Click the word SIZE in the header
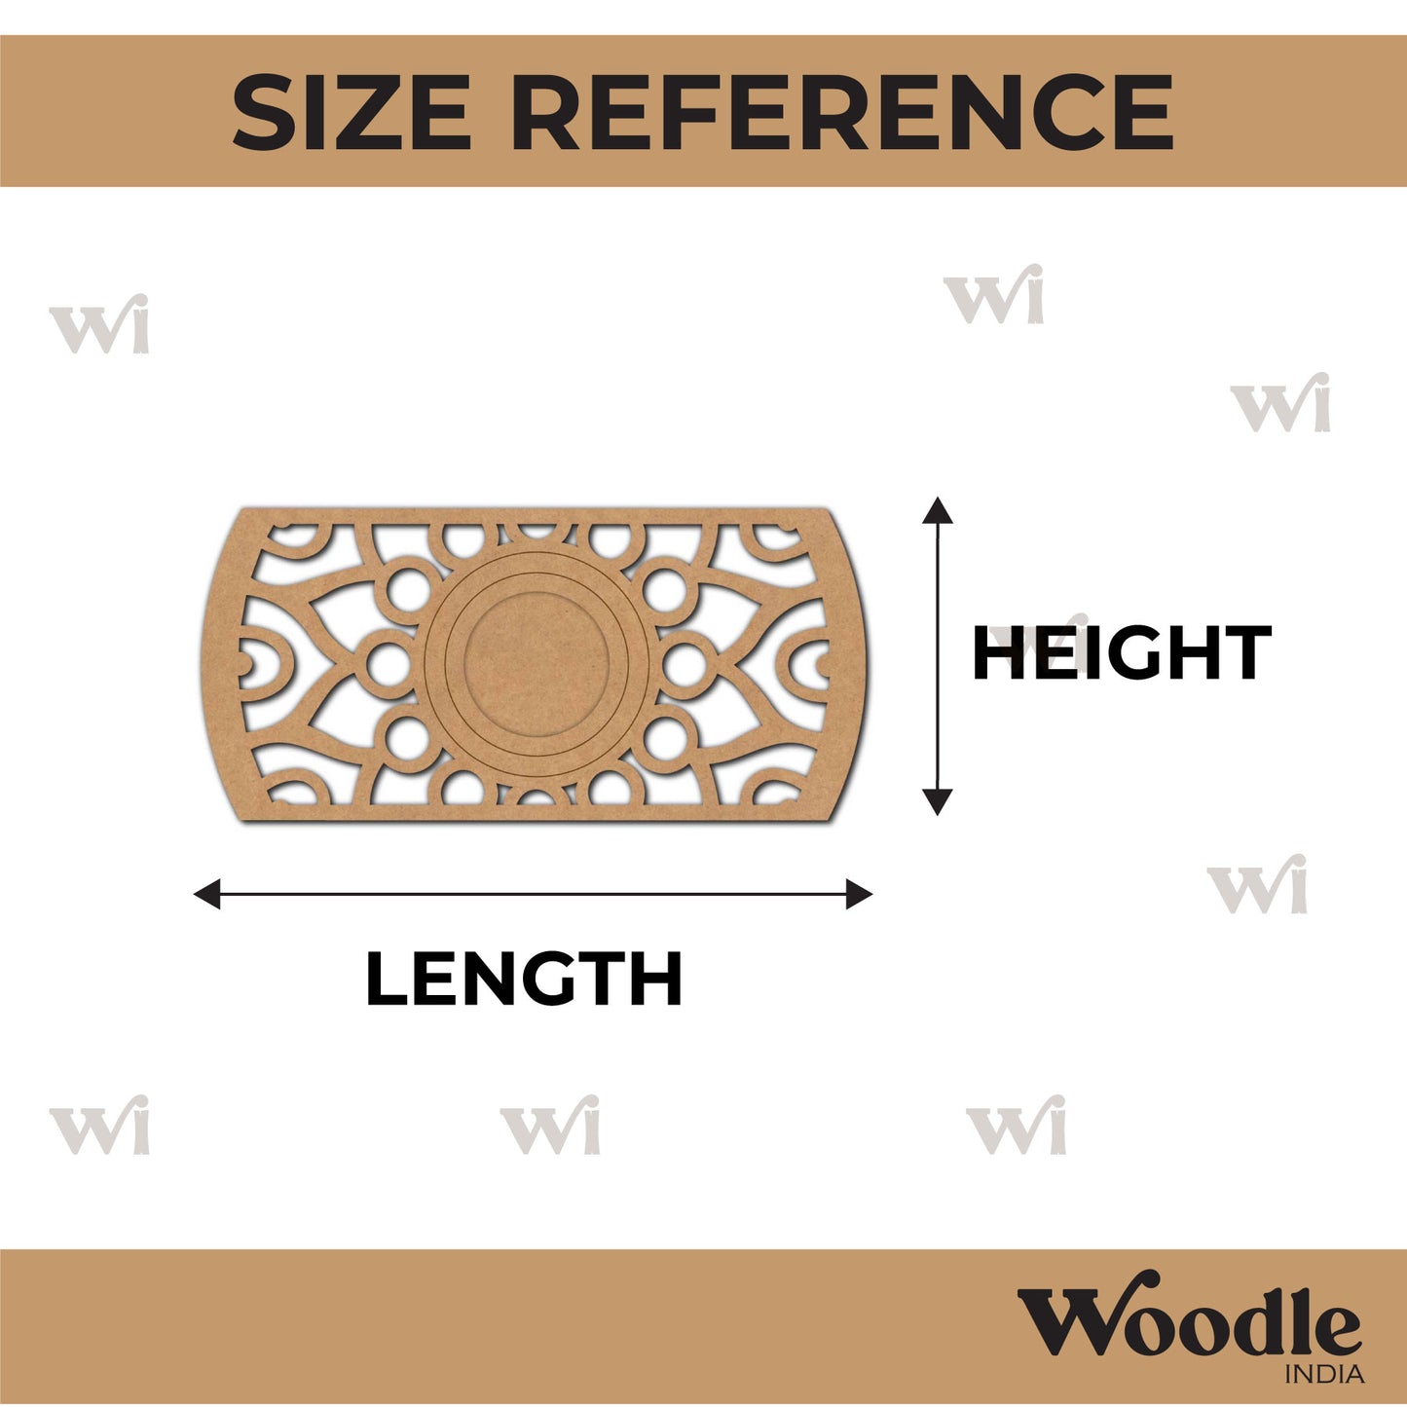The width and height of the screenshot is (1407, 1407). coord(351,112)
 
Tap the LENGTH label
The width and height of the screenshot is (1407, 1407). coord(524,979)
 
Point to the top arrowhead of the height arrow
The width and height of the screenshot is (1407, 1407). coord(938,509)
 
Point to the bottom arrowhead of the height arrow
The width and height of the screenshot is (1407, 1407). coord(938,801)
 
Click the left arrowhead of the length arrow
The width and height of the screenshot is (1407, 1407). coord(206,895)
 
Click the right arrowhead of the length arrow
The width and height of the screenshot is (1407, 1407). coord(860,895)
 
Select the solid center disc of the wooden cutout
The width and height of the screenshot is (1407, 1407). coord(536,664)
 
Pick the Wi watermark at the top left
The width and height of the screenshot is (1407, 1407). coord(99,324)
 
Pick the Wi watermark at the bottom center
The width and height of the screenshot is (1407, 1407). coord(550,1126)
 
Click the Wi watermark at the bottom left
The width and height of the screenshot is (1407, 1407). coord(99,1126)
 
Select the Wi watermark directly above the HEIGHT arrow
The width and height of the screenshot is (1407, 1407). coord(993,294)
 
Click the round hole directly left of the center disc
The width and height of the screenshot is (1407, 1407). coord(388,664)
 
